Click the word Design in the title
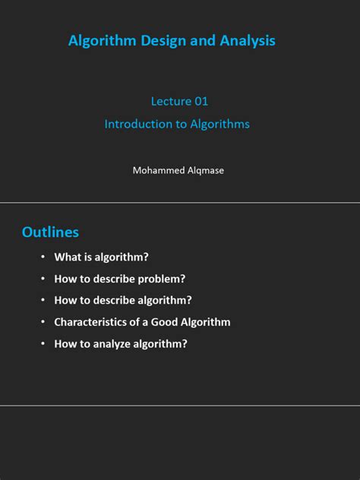[161, 41]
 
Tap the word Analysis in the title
[247, 41]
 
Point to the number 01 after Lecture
[200, 101]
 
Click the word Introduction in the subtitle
[136, 124]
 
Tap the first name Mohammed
[157, 170]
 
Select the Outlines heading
[50, 232]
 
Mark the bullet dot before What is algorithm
[43, 257]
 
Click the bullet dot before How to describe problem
[43, 279]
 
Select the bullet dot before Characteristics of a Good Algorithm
[43, 322]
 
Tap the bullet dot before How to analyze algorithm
[43, 343]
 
